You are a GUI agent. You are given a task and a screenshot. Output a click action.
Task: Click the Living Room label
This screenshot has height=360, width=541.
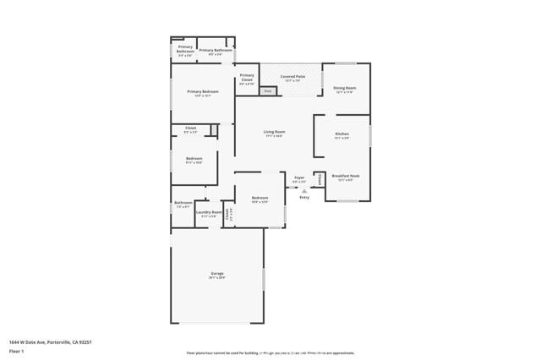pos(274,132)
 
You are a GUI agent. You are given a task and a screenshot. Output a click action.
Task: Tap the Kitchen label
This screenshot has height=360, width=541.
pos(342,134)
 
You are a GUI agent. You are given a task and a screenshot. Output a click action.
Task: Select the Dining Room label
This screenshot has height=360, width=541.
pos(344,88)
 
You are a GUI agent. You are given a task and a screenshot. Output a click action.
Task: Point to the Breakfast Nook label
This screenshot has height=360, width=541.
pos(346,176)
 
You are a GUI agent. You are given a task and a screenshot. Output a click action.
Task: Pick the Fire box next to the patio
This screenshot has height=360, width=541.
pos(268,90)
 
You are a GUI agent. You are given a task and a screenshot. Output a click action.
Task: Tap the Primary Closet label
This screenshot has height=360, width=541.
pos(247,79)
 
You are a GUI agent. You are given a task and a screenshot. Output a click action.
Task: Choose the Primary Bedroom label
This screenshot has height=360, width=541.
pos(203,91)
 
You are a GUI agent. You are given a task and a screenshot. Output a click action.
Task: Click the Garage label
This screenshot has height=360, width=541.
pos(217,273)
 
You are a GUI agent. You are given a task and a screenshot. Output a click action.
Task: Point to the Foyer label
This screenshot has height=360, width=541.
pos(299,177)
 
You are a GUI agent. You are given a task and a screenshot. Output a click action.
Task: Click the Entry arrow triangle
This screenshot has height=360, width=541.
pos(304,190)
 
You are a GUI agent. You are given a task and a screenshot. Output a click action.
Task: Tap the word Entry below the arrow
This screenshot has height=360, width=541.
pos(304,197)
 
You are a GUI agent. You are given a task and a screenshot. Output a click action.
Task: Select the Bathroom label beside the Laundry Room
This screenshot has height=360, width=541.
pos(183,203)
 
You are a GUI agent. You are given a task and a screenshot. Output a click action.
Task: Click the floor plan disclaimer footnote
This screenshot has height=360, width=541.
pos(270,353)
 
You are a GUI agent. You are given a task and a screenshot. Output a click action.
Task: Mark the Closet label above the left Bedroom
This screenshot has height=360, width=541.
pos(191,128)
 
